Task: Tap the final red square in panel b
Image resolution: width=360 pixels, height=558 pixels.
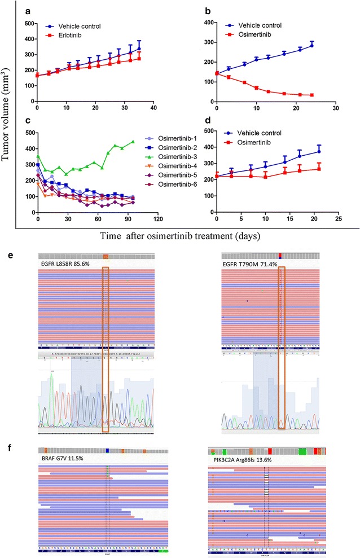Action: [x=312, y=95]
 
